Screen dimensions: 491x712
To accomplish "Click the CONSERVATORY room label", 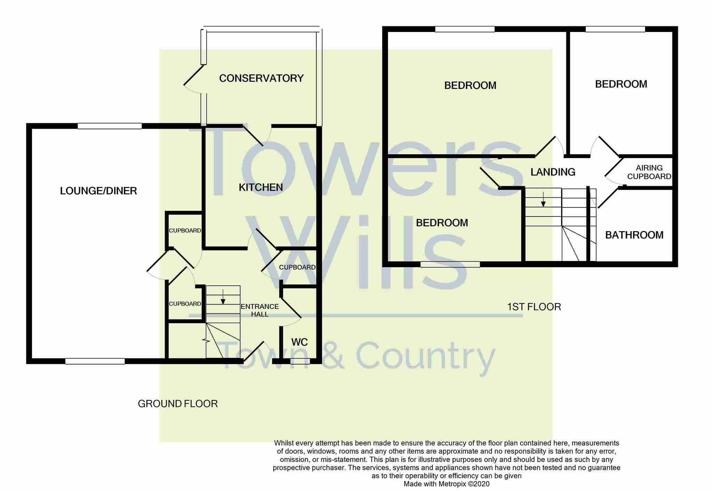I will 261,78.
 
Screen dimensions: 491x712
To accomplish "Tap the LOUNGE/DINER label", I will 98,191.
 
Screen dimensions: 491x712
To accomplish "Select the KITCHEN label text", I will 261,187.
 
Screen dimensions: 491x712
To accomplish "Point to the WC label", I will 299,342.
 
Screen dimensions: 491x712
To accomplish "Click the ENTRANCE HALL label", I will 260,310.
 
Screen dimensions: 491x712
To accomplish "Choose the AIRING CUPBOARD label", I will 649,172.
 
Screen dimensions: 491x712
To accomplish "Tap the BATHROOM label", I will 634,235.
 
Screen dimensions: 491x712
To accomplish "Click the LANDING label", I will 553,172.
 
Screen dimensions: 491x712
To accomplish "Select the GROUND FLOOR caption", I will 178,404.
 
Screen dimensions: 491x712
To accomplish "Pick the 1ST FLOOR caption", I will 534,307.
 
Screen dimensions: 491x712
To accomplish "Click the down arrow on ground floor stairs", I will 223,297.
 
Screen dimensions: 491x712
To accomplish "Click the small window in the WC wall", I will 300,361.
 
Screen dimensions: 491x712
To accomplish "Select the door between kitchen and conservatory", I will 253,136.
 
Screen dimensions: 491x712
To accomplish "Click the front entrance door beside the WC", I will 253,351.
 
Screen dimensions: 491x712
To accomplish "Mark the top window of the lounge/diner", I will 110,126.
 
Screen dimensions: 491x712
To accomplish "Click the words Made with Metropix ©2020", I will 446,484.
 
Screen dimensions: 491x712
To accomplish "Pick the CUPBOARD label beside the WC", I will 297,267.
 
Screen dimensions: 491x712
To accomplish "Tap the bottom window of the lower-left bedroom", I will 450,264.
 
